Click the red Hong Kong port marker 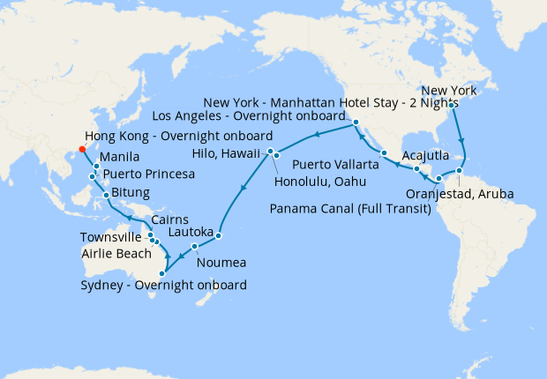click(82, 149)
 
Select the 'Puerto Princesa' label click(148, 174)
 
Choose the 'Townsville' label click(111, 237)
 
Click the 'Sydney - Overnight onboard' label click(163, 285)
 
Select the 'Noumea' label click(222, 263)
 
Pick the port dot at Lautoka click(218, 235)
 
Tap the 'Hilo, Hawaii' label click(226, 153)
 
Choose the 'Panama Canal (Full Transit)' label click(352, 210)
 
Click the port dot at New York click(451, 105)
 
